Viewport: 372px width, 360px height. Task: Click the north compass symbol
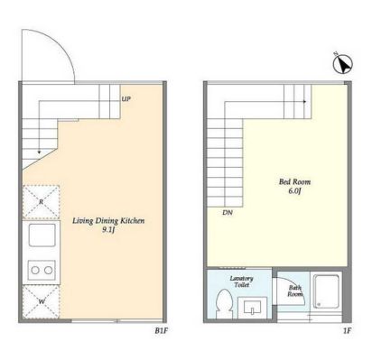tap(343, 63)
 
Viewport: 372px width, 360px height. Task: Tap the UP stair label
tap(126, 98)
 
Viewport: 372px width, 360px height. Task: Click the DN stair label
tap(228, 213)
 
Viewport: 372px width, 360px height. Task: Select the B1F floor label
tap(161, 331)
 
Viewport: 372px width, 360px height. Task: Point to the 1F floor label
tap(347, 331)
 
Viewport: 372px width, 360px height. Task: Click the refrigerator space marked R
tap(42, 201)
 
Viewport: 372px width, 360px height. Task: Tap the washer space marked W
tap(42, 301)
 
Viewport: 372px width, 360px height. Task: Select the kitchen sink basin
tap(42, 235)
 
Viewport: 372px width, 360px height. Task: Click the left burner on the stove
tap(35, 270)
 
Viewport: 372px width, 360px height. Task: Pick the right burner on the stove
tap(49, 270)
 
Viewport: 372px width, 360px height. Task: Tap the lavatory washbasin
tap(252, 308)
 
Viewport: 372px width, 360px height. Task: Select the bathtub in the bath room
tap(326, 291)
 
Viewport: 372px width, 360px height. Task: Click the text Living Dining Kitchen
tap(108, 221)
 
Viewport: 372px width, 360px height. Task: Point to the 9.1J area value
tap(108, 230)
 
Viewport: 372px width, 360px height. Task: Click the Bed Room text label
tap(294, 181)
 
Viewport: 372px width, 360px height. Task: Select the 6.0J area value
tap(294, 191)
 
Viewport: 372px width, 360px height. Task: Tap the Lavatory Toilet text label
tap(241, 282)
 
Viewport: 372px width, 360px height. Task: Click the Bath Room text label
tap(295, 291)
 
